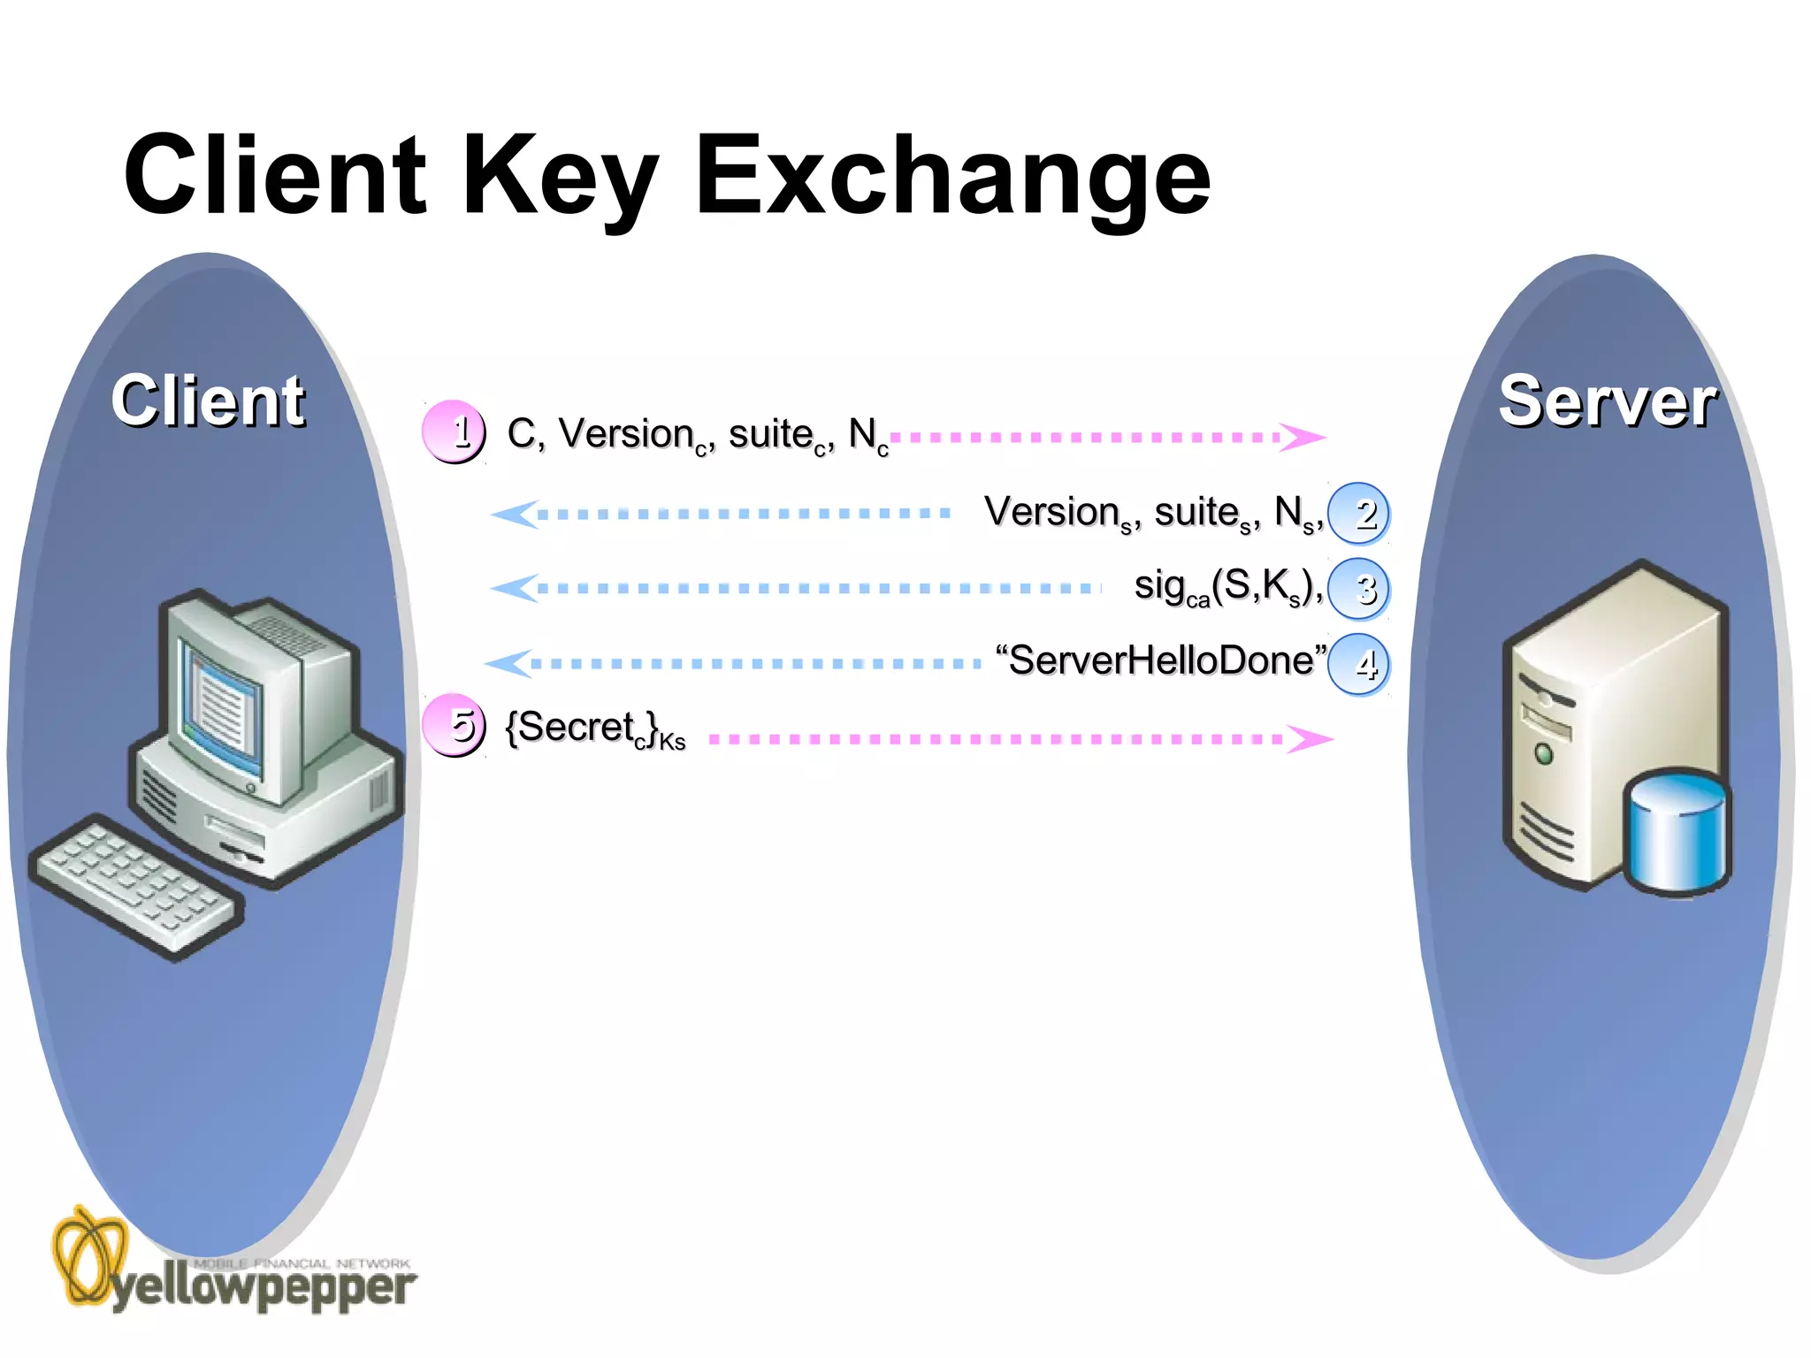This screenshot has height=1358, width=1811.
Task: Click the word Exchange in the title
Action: click(952, 177)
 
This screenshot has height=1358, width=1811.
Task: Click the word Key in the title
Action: click(559, 177)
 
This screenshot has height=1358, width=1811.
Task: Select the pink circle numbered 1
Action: click(454, 432)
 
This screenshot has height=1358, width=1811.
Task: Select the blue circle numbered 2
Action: click(1358, 514)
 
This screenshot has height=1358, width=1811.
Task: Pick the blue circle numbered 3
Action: click(1358, 589)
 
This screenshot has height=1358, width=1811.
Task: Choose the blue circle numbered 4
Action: click(1358, 664)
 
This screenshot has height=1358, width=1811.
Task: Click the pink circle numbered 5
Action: click(454, 726)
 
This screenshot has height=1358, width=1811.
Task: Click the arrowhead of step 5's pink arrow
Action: click(1310, 738)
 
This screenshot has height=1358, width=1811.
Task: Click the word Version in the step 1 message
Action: click(626, 434)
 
